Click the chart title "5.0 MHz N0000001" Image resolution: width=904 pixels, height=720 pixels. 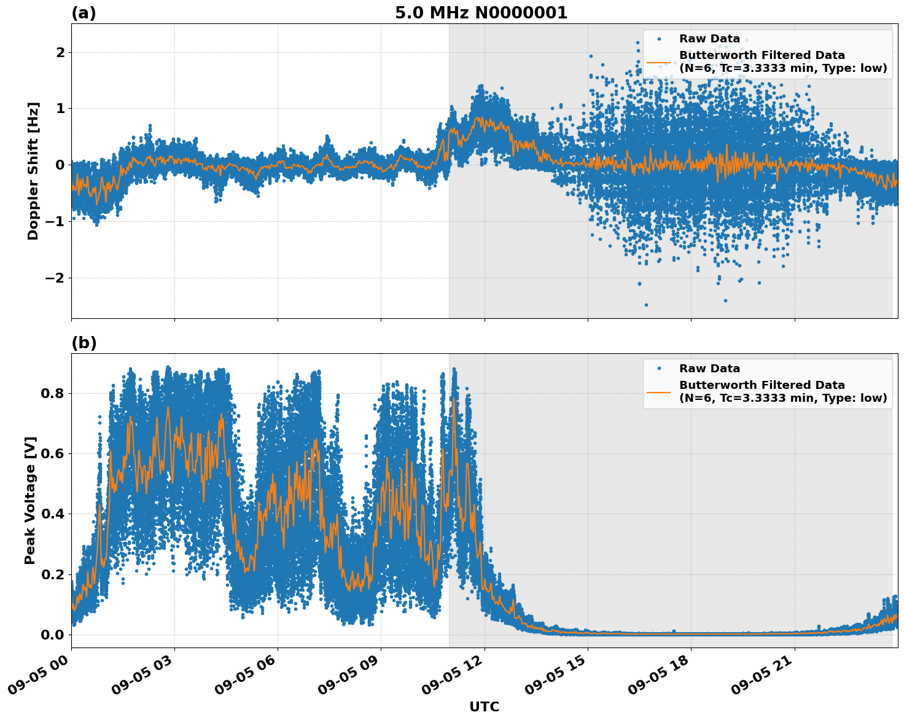click(x=481, y=13)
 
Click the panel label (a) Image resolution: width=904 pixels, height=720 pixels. click(x=84, y=13)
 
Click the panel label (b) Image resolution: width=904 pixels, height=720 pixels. click(x=84, y=343)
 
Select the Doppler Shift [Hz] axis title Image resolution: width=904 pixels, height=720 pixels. click(x=33, y=171)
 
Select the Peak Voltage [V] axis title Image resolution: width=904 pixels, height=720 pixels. click(x=30, y=500)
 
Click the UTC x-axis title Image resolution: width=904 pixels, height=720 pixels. click(x=484, y=706)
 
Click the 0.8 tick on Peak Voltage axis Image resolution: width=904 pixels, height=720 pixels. click(x=53, y=393)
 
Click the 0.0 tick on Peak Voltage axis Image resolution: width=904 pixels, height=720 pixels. click(x=53, y=635)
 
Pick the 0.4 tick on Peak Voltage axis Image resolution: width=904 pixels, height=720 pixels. click(x=53, y=514)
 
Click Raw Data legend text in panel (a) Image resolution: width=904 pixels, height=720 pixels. click(x=709, y=39)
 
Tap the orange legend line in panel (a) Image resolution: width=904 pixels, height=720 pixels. click(x=658, y=62)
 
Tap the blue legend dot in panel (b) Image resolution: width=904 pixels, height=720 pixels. click(x=658, y=369)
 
